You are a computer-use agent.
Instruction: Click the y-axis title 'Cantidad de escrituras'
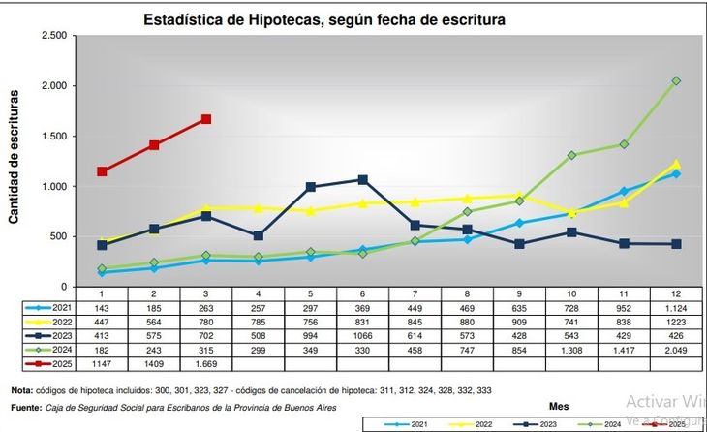pyautogui.click(x=15, y=157)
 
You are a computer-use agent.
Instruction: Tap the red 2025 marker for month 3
pyautogui.click(x=206, y=119)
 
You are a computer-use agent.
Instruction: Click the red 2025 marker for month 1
pyautogui.click(x=102, y=171)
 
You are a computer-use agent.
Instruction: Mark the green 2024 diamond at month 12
pyautogui.click(x=676, y=81)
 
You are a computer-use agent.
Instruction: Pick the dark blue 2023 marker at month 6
pyautogui.click(x=362, y=179)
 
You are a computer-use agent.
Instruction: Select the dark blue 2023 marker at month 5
pyautogui.click(x=311, y=187)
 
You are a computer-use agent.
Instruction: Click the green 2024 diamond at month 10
pyautogui.click(x=571, y=155)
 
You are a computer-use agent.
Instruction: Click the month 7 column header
pyautogui.click(x=415, y=293)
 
